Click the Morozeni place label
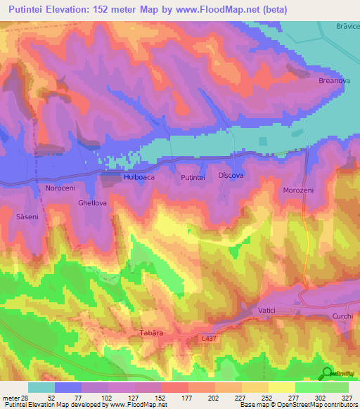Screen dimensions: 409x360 pos(298,190)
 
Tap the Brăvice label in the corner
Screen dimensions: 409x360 pos(347,26)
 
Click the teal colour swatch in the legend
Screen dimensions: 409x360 pos(41,387)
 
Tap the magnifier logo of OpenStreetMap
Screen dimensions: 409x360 pos(328,373)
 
